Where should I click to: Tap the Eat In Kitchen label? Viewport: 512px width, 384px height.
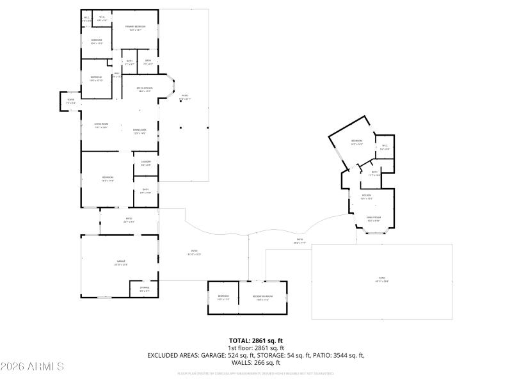point(145,89)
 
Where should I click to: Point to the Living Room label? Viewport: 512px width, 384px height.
point(101,125)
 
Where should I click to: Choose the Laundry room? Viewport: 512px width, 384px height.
point(145,163)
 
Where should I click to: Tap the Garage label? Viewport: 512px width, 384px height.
point(120,262)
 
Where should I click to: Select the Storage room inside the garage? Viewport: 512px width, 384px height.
point(145,289)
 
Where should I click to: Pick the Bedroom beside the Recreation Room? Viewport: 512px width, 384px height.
point(223,298)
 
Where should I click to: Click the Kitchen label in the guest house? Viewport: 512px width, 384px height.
point(367,196)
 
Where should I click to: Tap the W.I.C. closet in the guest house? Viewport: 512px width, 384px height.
point(385,147)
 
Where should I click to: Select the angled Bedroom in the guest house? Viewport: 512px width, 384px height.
point(356,142)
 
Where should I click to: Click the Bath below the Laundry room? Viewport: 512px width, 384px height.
point(145,191)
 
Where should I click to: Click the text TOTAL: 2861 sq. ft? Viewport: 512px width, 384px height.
point(256,340)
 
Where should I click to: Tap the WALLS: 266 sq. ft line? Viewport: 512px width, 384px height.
point(256,362)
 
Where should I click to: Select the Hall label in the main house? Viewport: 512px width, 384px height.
point(117,75)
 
